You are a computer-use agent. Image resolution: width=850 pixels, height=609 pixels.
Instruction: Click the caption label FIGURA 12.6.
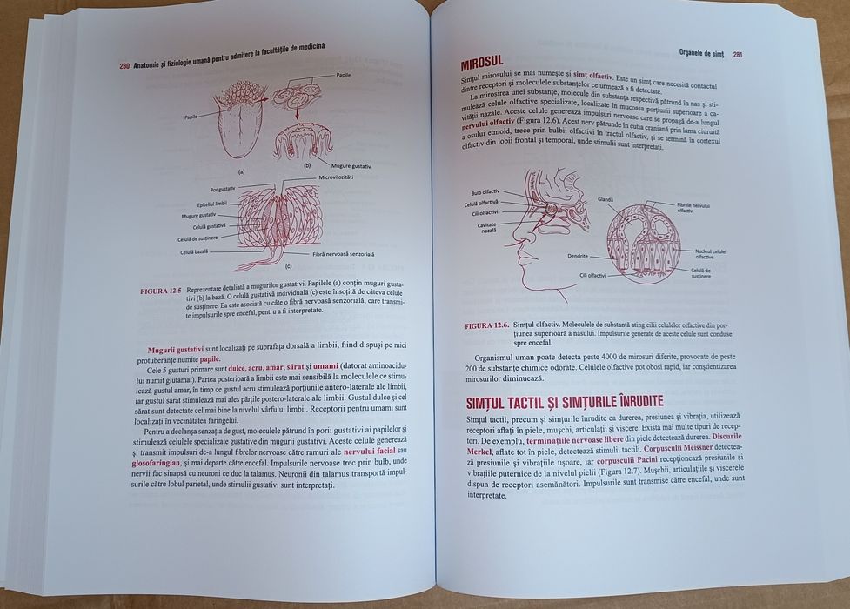click(x=486, y=326)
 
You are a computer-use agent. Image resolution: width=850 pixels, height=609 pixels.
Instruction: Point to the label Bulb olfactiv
click(x=485, y=191)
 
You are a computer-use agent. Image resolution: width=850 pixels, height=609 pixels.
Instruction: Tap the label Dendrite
click(x=576, y=257)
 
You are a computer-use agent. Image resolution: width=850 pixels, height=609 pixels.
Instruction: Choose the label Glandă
click(x=606, y=199)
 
